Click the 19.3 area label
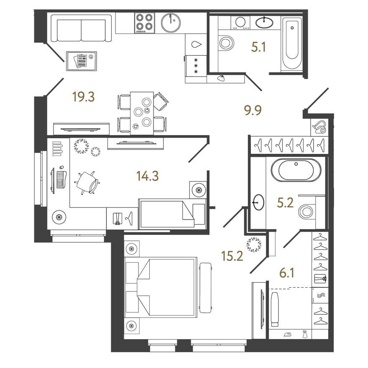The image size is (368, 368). [83, 97]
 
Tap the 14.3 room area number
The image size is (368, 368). [147, 176]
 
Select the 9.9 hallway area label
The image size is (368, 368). [253, 110]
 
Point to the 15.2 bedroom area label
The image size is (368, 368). [232, 256]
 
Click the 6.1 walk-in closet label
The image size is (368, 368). [287, 273]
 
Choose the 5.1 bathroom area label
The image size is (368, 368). [258, 47]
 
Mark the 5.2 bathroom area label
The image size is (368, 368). [285, 202]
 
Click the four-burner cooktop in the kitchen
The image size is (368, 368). [145, 23]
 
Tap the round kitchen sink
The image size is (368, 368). [171, 23]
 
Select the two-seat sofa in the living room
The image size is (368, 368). [81, 28]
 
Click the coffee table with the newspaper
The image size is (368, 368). [82, 61]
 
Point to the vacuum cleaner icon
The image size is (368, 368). [319, 127]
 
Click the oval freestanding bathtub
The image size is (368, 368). [296, 170]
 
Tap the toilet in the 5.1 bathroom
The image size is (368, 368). [226, 43]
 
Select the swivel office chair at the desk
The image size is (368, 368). [87, 183]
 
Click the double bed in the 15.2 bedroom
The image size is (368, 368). [161, 288]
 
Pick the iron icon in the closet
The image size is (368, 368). [288, 335]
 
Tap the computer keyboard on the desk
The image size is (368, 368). [61, 179]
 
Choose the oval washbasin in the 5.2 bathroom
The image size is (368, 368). [258, 202]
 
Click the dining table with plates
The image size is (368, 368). [142, 113]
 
